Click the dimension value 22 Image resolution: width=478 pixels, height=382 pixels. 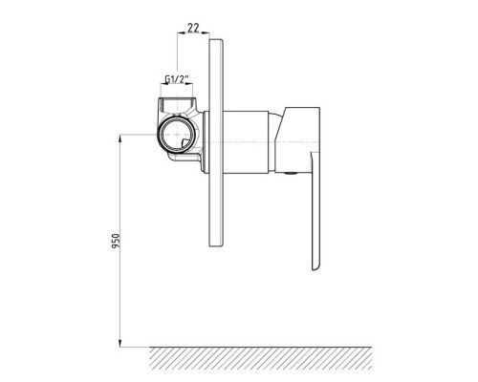point(193,28)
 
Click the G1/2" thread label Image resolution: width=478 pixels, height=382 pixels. point(177,79)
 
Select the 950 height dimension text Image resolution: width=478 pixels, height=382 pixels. point(116,241)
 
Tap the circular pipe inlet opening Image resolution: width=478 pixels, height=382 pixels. point(176,135)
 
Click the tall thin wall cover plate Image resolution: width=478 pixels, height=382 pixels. point(216,142)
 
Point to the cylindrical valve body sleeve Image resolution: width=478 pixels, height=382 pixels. point(246,142)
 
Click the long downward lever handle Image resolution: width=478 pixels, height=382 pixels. point(315,210)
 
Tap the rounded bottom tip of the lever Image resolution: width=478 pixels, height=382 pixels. point(315,269)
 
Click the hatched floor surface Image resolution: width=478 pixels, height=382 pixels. point(261,358)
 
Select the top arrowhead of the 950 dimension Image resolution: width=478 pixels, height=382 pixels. point(119,138)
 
